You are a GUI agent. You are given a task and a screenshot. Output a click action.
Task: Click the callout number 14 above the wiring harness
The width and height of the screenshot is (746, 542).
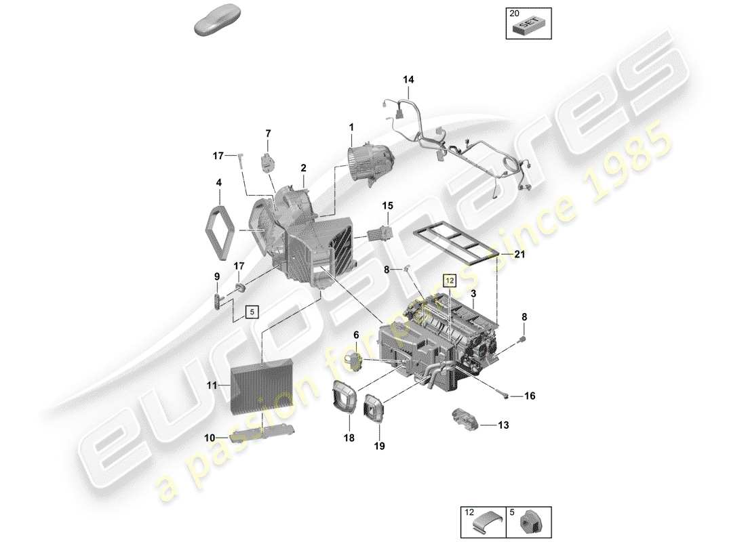pos(408,80)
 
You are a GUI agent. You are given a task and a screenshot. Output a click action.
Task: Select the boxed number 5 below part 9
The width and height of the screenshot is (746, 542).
pos(252,312)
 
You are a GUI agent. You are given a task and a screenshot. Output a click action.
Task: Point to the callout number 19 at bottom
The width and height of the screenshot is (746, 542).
pos(379,446)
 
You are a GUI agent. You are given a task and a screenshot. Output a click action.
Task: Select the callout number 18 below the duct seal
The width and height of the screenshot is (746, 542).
pos(349,438)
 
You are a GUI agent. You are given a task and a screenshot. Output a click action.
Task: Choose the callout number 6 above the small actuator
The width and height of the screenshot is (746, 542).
pos(355,335)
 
